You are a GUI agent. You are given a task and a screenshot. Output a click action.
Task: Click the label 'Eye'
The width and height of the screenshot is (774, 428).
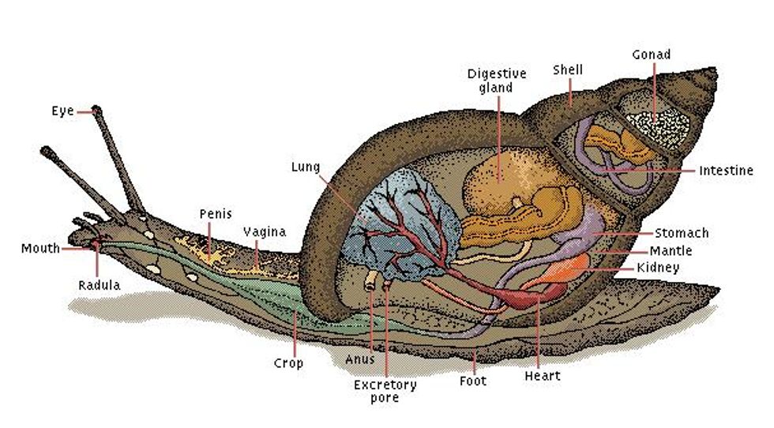(x=62, y=111)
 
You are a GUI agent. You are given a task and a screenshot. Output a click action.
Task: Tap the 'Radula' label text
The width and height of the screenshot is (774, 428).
(x=100, y=285)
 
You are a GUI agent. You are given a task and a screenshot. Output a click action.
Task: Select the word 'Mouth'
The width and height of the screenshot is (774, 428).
(x=40, y=249)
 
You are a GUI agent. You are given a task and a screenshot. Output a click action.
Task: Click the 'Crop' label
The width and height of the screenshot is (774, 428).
(x=288, y=363)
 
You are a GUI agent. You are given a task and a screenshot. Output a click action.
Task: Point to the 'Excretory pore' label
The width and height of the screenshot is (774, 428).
(x=385, y=391)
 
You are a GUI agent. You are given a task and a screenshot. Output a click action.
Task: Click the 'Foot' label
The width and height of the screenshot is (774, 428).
(x=473, y=381)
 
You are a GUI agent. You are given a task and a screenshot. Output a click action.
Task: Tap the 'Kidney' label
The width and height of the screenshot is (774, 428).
(x=657, y=268)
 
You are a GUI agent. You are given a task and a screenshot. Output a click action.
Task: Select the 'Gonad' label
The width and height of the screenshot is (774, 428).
(x=652, y=54)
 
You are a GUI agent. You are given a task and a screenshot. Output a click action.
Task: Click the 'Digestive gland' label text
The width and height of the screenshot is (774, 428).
(x=496, y=80)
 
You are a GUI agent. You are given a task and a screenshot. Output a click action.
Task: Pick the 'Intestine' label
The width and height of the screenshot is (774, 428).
(x=726, y=171)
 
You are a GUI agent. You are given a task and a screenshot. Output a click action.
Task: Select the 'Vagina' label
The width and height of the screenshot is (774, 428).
(x=265, y=232)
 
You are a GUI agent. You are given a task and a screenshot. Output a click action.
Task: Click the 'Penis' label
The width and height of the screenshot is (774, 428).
(x=216, y=214)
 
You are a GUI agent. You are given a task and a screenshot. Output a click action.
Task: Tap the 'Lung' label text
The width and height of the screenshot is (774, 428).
(x=305, y=167)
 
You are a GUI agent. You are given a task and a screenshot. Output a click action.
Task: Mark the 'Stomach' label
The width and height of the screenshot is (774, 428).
(x=682, y=233)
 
